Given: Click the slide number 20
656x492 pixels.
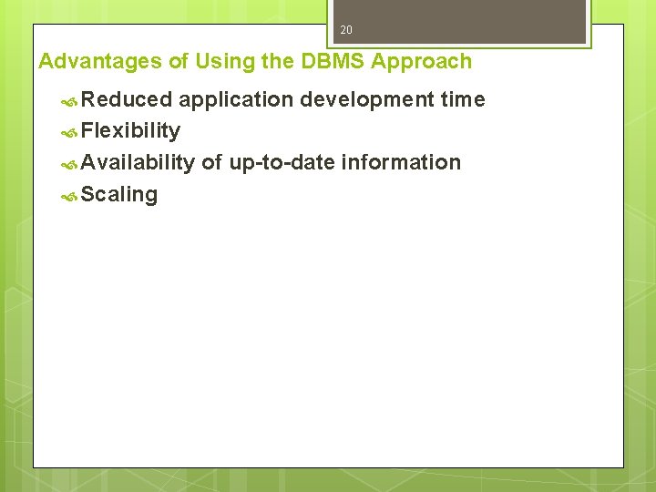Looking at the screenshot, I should click(x=346, y=30).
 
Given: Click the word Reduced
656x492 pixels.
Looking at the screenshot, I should click(x=127, y=99).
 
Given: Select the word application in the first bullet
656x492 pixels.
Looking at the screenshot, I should click(x=236, y=99).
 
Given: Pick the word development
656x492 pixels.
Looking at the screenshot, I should click(x=367, y=99).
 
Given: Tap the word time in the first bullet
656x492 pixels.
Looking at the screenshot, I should click(x=463, y=99).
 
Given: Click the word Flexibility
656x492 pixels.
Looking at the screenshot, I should click(x=130, y=131).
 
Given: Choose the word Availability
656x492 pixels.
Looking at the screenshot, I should click(x=138, y=162).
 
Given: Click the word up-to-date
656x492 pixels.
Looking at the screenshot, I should click(x=282, y=163).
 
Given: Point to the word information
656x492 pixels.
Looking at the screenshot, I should click(x=402, y=162).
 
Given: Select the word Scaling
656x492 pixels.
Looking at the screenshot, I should click(x=119, y=195).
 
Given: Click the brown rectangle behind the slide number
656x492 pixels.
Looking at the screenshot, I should click(x=492, y=20).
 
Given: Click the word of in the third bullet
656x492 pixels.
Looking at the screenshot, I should click(x=211, y=162).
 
